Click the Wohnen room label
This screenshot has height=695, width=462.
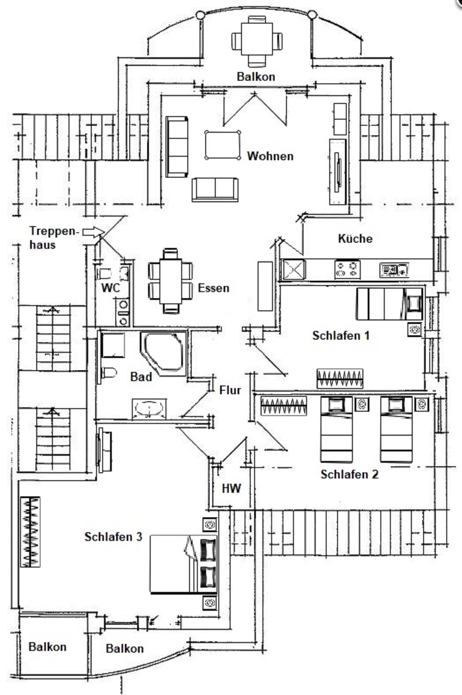coord(270,156)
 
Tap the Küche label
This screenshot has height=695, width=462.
coord(355,238)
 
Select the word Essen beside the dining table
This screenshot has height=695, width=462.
coord(214,288)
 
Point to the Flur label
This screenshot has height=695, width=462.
coord(230,390)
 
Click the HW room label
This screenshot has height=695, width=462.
coord(231,489)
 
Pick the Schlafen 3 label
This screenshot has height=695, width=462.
coord(113,537)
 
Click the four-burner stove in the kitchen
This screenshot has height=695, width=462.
coord(347,269)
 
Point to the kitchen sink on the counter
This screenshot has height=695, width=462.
coord(394,270)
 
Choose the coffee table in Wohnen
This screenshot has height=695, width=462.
coord(222,145)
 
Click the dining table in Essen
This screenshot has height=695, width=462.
coord(170,281)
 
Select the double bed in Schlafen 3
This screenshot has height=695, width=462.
coord(183,564)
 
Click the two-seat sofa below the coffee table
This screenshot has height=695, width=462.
coord(215,189)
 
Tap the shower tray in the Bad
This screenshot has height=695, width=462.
coord(113,345)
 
